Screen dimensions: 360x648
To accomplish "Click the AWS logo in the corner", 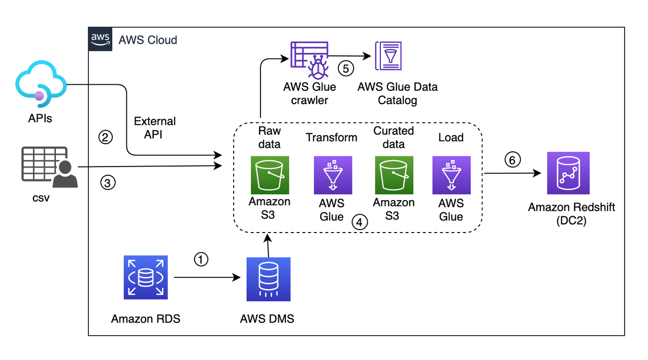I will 101,39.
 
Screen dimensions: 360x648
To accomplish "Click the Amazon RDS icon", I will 145,277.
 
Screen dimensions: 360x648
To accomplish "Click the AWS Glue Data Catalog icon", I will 388,56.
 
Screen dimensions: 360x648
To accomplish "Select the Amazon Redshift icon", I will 568,173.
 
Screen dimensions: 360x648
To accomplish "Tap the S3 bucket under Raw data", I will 269,175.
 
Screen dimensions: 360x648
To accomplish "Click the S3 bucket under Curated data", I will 394,175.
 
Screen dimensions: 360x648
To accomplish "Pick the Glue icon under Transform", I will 332,175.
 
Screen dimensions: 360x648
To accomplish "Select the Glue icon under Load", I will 451,175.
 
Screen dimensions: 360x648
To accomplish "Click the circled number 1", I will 201,259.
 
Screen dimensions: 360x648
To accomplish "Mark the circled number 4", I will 359,222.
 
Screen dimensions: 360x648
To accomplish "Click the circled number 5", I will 346,69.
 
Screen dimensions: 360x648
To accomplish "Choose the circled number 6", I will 512,160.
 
